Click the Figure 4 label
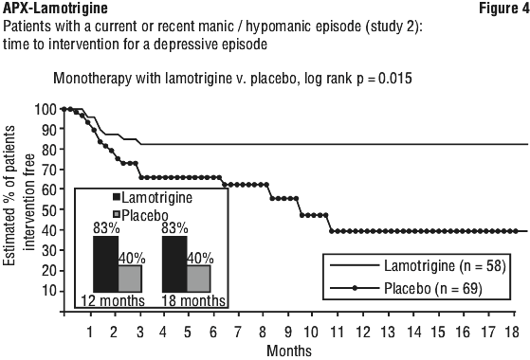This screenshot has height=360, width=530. click(x=504, y=9)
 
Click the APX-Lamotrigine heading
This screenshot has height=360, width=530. click(x=55, y=9)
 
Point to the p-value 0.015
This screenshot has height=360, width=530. click(x=395, y=79)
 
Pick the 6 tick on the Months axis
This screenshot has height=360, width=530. click(x=213, y=332)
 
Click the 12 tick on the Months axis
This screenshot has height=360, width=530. click(x=363, y=332)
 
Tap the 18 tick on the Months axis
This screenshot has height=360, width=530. click(x=511, y=332)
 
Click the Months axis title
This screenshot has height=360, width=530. click(x=289, y=351)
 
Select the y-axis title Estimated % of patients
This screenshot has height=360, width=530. click(x=9, y=195)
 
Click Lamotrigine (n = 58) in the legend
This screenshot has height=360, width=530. click(x=445, y=266)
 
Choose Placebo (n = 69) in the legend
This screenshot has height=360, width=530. click(x=433, y=288)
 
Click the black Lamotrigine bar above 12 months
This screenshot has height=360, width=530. click(x=106, y=264)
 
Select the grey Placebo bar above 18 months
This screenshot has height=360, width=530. click(x=199, y=279)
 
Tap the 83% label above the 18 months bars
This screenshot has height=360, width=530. click(x=174, y=228)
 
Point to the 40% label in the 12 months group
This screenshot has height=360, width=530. click(x=132, y=259)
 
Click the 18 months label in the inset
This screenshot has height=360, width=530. click(x=193, y=300)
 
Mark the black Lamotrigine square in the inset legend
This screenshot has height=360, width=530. click(x=117, y=197)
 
